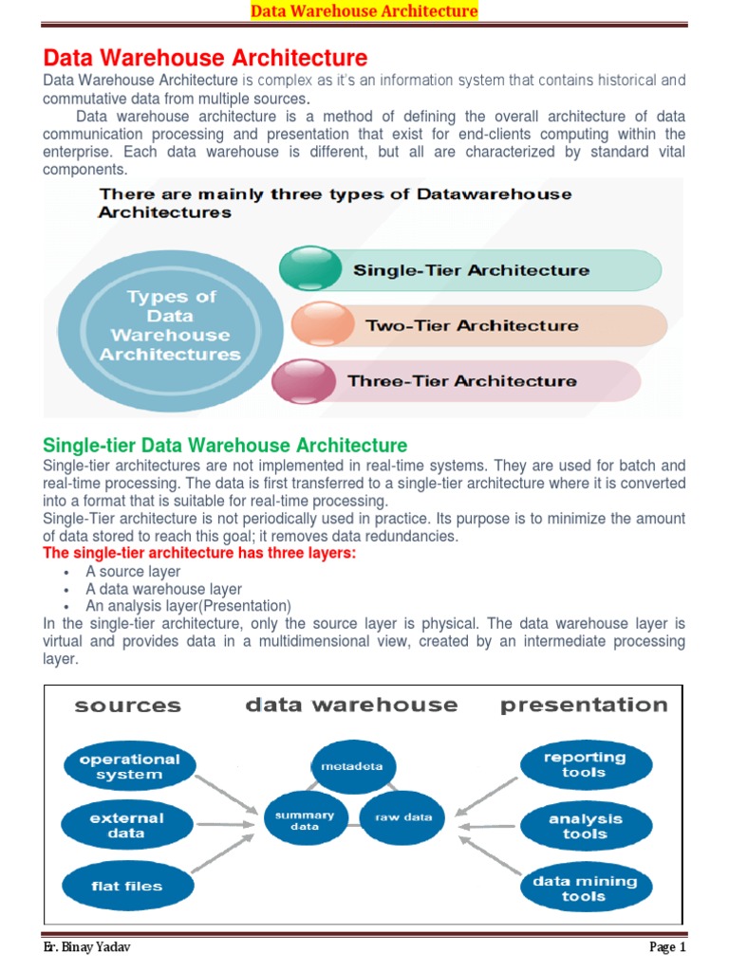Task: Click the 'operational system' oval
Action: point(129,767)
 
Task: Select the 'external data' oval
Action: point(127,825)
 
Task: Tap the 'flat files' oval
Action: point(127,887)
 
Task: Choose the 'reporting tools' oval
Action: point(585,765)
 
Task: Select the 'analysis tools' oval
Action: point(586,826)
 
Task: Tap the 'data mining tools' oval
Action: point(584,889)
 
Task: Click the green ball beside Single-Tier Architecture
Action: point(309,268)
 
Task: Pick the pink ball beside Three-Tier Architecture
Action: point(303,381)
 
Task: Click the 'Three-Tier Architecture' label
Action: point(462,381)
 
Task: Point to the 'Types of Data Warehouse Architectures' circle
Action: point(171,326)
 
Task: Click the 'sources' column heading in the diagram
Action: point(127,705)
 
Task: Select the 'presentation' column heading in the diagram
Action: point(584,705)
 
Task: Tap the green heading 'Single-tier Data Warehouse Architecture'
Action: point(226,446)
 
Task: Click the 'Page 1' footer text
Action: point(667,947)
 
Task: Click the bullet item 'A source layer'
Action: point(133,572)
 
